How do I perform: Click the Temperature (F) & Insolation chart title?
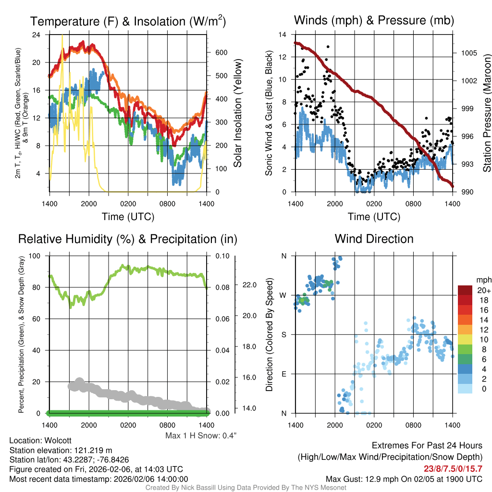coord(128,21)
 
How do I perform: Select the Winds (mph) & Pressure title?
coord(374,20)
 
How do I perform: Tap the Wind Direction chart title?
coord(374,239)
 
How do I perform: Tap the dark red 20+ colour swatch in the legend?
coord(465,290)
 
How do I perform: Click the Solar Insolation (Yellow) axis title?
coord(238,113)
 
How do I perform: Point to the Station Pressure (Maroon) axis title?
coord(486,113)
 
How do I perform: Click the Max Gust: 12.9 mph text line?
coord(404,479)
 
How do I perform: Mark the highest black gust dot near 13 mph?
coord(328,47)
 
